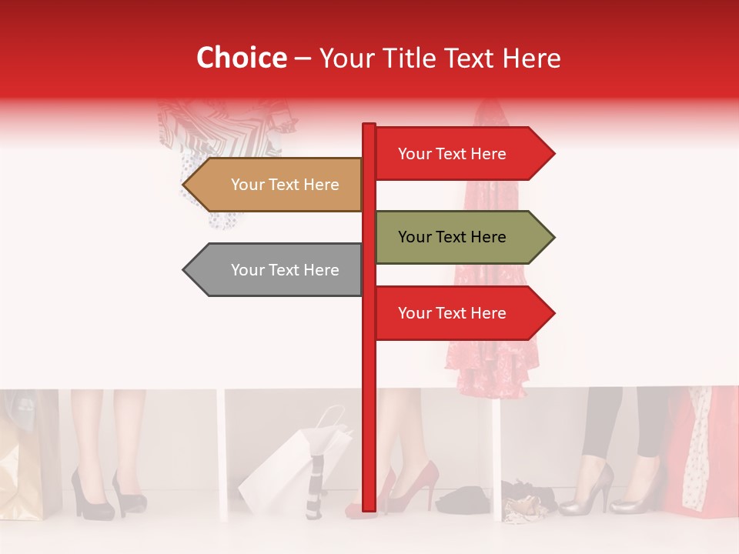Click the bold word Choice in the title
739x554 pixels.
pos(241,58)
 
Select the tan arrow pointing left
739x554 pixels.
pos(273,185)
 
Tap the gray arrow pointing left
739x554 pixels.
pos(273,270)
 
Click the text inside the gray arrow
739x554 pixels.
pos(285,270)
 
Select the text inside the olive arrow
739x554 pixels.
pos(452,237)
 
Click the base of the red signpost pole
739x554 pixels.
pos(369,504)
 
